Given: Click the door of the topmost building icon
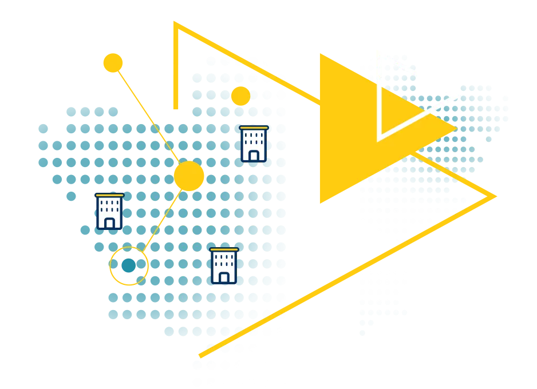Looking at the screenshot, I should click(x=254, y=155).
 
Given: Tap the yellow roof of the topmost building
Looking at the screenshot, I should click(x=254, y=128).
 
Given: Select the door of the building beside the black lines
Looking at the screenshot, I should click(x=109, y=223).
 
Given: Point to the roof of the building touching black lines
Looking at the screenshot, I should click(x=109, y=196).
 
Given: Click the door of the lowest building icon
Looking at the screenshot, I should click(x=224, y=277).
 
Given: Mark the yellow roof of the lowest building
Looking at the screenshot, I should click(x=224, y=250).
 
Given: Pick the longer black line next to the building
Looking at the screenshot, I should click(x=146, y=203).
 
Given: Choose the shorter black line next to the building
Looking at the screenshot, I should click(x=139, y=222).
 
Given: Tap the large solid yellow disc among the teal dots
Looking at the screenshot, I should click(x=188, y=176).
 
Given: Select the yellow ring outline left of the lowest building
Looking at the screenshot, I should click(x=129, y=266).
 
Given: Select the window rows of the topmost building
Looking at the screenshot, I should click(x=254, y=139).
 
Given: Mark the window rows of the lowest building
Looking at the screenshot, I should click(x=224, y=261).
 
